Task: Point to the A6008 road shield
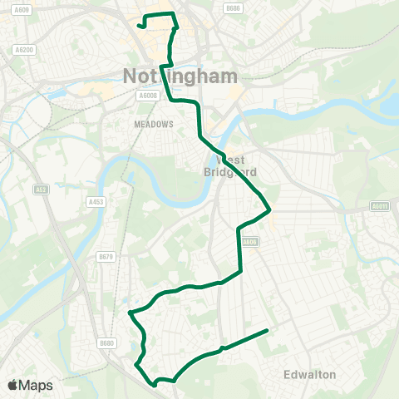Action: pyautogui.click(x=148, y=96)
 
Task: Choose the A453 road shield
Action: pyautogui.click(x=96, y=201)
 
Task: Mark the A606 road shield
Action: pyautogui.click(x=249, y=242)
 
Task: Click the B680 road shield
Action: pyautogui.click(x=106, y=342)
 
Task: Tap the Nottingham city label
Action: pyautogui.click(x=180, y=76)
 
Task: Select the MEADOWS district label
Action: pyautogui.click(x=153, y=124)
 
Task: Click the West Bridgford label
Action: pyautogui.click(x=232, y=165)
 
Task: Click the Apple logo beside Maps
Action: pyautogui.click(x=12, y=385)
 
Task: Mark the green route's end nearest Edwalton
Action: pyautogui.click(x=267, y=331)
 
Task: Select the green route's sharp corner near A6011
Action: pyautogui.click(x=270, y=209)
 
